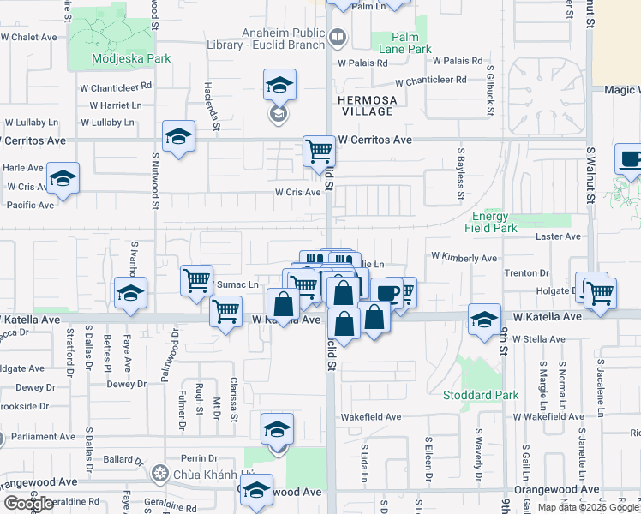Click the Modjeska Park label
132,59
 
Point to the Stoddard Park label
469,395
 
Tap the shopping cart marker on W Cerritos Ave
319,152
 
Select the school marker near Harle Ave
63,178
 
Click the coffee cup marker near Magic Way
630,158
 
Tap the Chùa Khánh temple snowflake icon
159,474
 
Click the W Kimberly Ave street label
464,257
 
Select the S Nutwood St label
156,182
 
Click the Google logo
28,504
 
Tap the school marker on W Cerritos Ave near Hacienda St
178,135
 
